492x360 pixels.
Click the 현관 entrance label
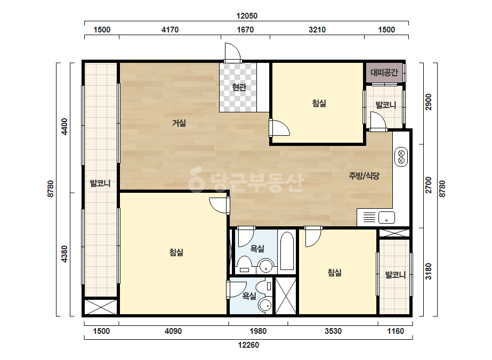click(239, 87)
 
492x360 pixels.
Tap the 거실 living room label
click(179, 123)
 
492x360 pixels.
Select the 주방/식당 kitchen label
click(364, 176)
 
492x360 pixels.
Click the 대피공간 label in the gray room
click(384, 72)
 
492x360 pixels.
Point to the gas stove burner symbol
click(401, 157)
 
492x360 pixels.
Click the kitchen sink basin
click(386, 217)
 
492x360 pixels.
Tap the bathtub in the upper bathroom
click(287, 251)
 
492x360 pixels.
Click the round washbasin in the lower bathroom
click(265, 305)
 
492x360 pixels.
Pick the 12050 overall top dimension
click(247, 15)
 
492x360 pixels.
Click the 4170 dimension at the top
click(170, 30)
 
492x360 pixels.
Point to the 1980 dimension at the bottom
click(258, 331)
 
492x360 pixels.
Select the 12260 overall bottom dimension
click(248, 345)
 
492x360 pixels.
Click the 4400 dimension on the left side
click(64, 126)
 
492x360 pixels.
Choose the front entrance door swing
click(233, 52)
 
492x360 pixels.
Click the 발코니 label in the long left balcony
click(100, 183)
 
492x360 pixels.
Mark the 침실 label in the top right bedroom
click(319, 103)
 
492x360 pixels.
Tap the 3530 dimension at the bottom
click(333, 331)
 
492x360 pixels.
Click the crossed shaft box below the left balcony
click(101, 307)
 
